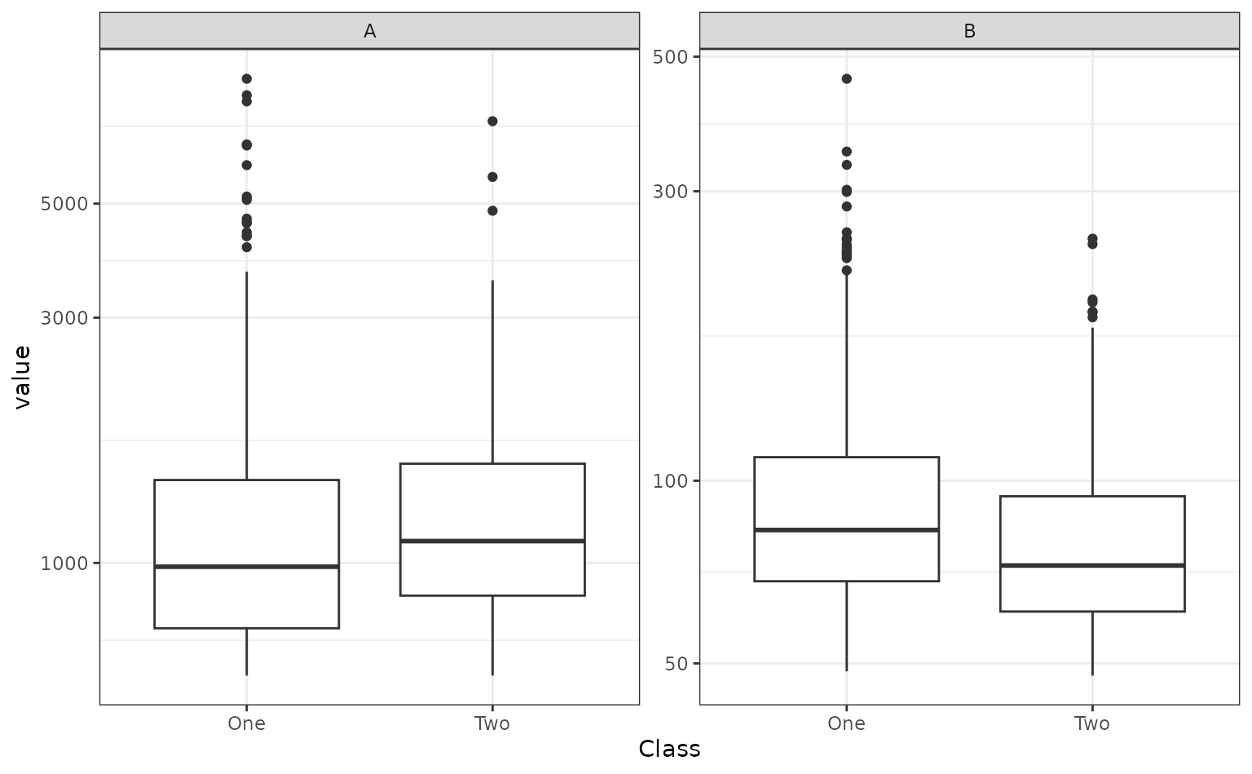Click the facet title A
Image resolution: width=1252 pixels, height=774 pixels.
(x=369, y=31)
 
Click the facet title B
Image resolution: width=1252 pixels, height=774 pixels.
(x=969, y=31)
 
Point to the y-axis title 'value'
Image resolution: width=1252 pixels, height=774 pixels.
(x=22, y=377)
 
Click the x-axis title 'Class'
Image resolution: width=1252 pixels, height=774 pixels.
(x=669, y=749)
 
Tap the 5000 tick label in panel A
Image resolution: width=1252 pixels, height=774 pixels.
(x=64, y=203)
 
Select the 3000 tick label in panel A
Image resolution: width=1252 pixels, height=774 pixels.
(x=64, y=317)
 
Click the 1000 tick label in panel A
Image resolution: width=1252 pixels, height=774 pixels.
(x=64, y=563)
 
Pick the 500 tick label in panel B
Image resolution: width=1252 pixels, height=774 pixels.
(x=671, y=56)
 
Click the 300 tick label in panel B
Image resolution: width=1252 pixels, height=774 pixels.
(x=671, y=192)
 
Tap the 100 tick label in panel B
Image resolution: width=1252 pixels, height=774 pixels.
(x=671, y=480)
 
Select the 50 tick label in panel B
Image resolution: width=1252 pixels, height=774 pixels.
(x=677, y=664)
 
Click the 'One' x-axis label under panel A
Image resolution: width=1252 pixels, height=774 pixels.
(x=246, y=723)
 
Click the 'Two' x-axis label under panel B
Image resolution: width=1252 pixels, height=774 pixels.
(x=1091, y=723)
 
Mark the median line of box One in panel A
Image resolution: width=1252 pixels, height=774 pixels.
(x=246, y=566)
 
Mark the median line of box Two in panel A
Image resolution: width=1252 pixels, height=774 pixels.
(x=492, y=541)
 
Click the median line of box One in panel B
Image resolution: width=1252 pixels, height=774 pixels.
(x=846, y=529)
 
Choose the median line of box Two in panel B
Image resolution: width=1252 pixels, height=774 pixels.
(x=1091, y=564)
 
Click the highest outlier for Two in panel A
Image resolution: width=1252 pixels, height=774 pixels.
(x=492, y=122)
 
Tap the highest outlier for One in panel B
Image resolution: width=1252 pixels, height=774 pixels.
(x=846, y=79)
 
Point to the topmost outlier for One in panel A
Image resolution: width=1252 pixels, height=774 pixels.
(x=246, y=79)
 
